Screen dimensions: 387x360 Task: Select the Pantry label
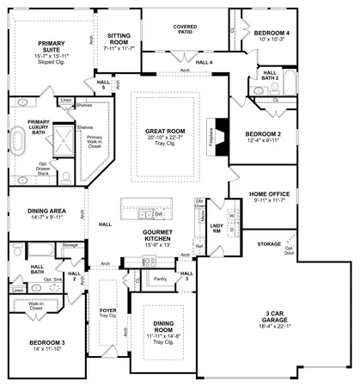[x=159, y=279]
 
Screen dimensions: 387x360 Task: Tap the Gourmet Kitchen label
[x=158, y=236]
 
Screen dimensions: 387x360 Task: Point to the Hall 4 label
[x=204, y=62]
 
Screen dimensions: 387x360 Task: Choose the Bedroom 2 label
[x=264, y=134]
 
